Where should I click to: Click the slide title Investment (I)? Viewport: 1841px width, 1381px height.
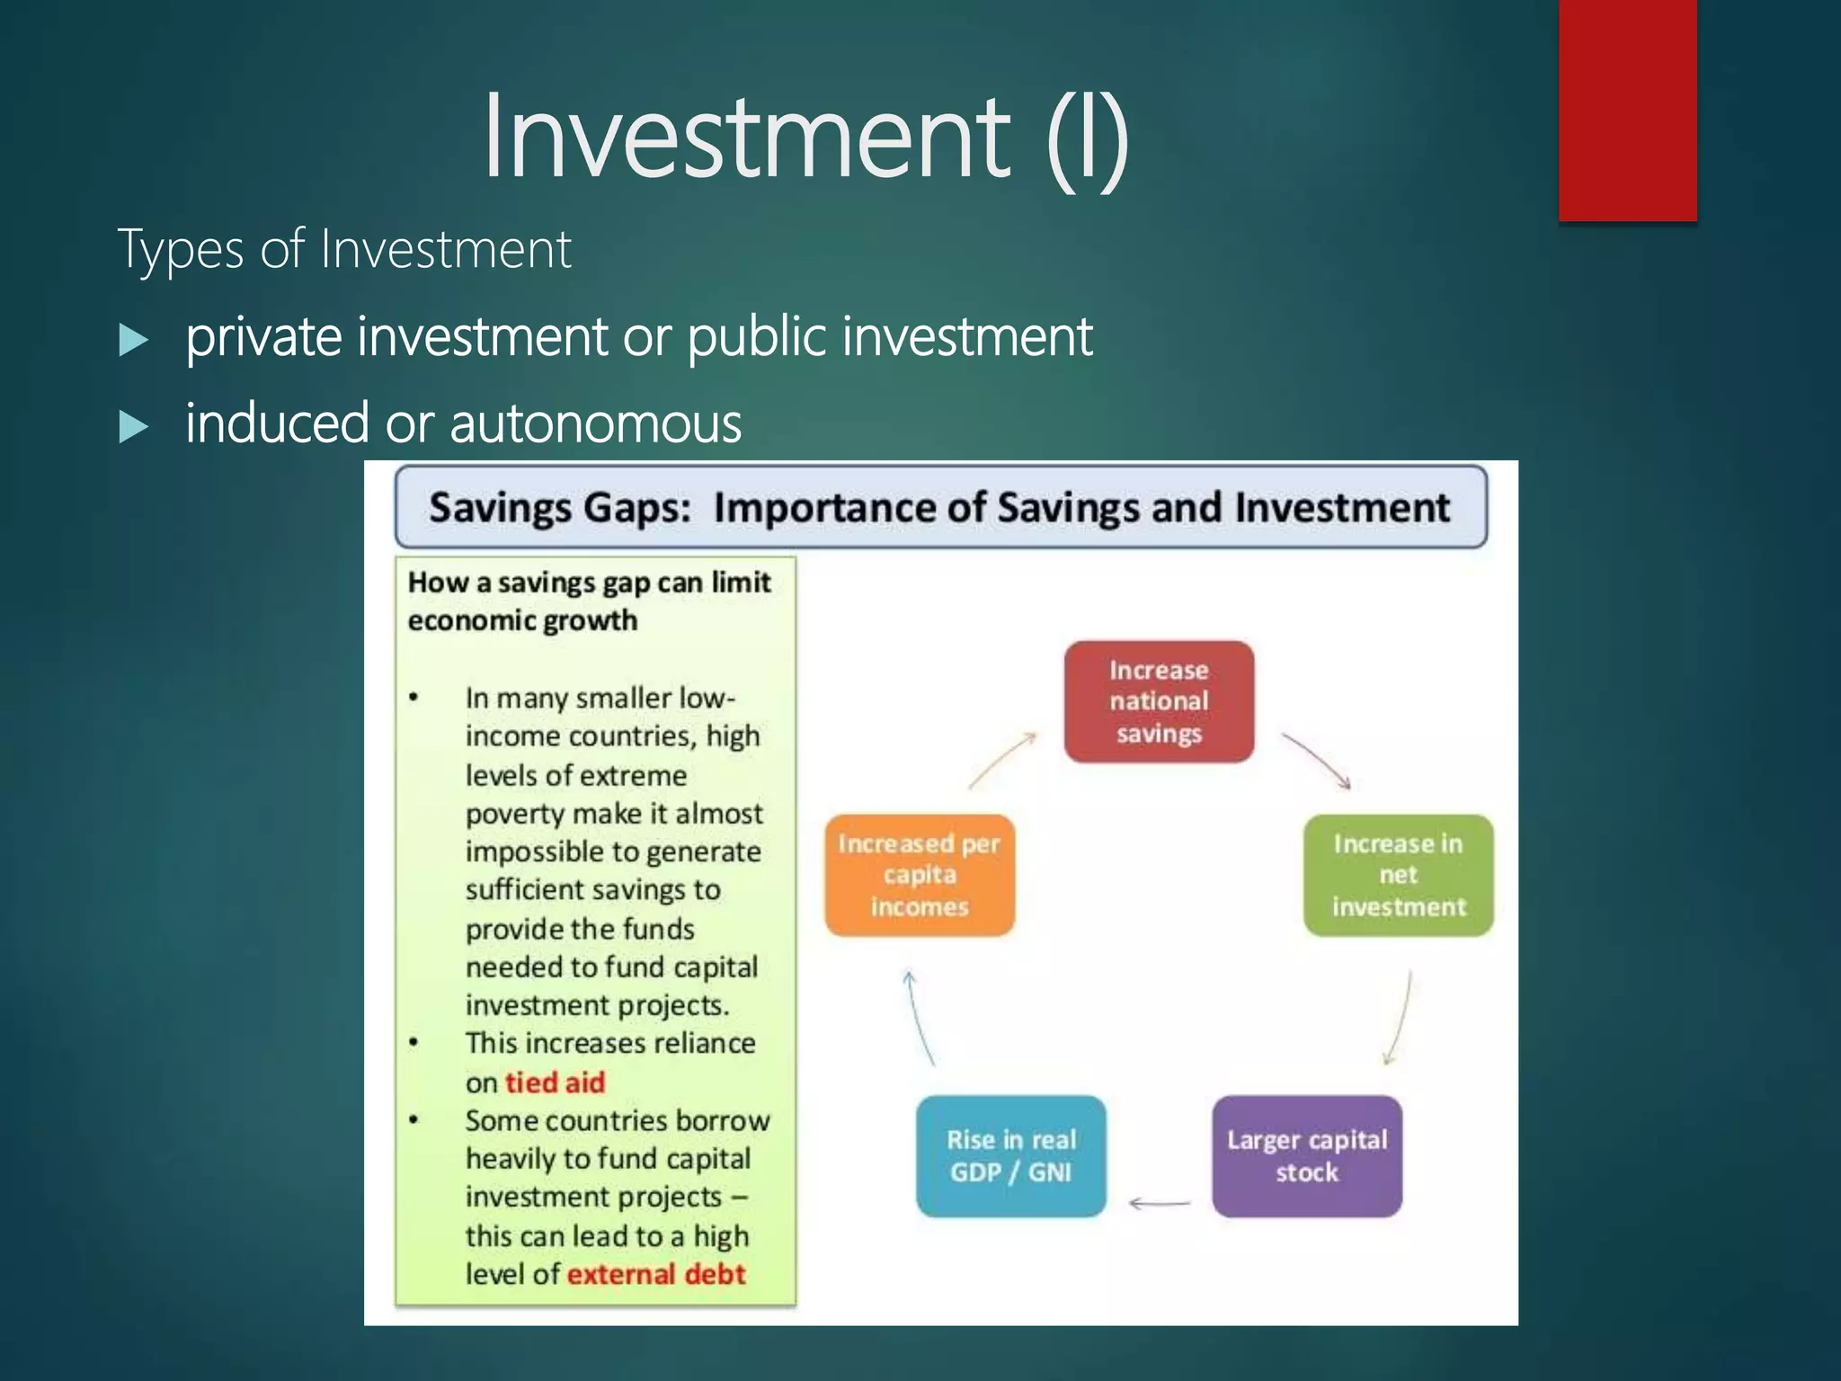[805, 137]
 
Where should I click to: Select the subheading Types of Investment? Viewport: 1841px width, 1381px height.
[344, 249]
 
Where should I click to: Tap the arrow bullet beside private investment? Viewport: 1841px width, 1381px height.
[133, 341]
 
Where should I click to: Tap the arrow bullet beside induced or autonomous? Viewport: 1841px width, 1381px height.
[133, 426]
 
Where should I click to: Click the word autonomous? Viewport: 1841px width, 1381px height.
[596, 423]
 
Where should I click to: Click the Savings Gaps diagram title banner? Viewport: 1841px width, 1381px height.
[940, 507]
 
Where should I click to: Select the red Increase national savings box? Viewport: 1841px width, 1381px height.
[1159, 701]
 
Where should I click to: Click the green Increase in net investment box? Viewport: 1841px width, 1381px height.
[1398, 875]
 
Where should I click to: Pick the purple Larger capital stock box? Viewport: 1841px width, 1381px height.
[1306, 1155]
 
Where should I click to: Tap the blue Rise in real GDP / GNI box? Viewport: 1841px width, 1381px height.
[1010, 1155]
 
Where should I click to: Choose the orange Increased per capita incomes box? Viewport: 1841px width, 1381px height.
[919, 875]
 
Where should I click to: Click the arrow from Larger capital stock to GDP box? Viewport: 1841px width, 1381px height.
[1160, 1202]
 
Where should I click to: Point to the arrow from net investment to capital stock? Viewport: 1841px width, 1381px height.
[1400, 1018]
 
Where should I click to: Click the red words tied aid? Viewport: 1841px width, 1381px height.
[555, 1082]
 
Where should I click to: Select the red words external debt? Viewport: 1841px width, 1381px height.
[656, 1274]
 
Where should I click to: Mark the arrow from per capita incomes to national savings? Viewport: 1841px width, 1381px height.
[1002, 761]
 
